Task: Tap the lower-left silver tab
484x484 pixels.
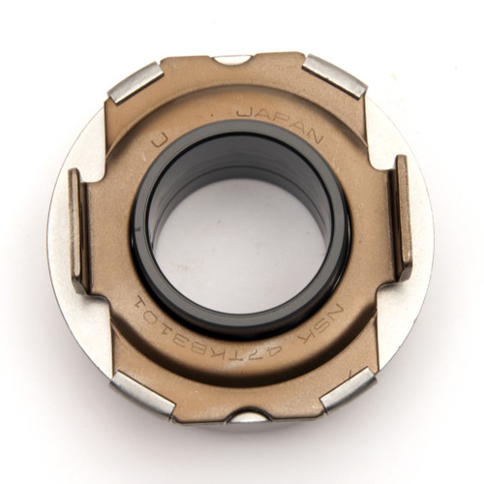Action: pos(141,392)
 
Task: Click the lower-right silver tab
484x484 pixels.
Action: pos(346,385)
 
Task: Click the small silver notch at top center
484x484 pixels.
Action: pos(231,61)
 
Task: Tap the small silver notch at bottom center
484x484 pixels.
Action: pos(250,416)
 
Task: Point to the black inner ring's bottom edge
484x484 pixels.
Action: pos(242,332)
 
